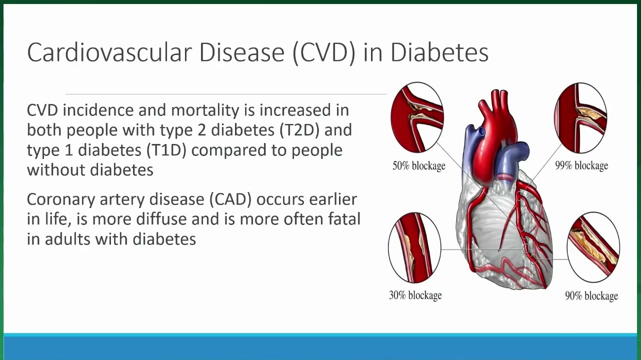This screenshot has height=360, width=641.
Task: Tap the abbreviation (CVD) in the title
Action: [324, 53]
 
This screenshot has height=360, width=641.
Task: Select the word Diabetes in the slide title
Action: [439, 52]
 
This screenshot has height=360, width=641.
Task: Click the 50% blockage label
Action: [419, 165]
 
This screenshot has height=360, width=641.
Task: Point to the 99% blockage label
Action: [582, 165]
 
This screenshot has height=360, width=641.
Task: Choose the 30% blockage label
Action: [415, 295]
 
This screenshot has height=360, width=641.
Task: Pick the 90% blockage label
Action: [591, 295]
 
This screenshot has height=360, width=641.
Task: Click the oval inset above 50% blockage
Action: [417, 117]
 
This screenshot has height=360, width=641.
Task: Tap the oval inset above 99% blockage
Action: [580, 118]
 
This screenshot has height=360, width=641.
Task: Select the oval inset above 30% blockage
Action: [414, 247]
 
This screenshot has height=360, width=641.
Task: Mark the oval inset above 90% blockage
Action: [593, 247]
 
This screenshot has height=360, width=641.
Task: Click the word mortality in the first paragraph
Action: [205, 110]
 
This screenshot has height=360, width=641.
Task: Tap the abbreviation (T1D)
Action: [166, 150]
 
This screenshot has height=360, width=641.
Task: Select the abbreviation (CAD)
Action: [230, 199]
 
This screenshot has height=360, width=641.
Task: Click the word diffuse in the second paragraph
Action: [161, 219]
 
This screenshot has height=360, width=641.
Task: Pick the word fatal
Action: [344, 219]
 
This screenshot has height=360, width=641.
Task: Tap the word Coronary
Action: [61, 200]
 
